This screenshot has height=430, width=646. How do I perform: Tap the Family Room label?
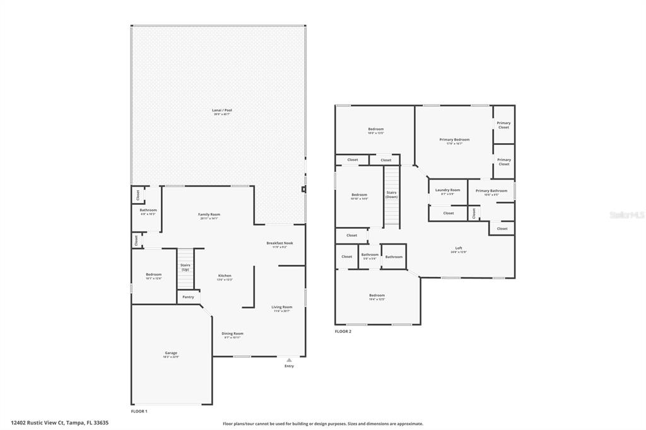[209, 214]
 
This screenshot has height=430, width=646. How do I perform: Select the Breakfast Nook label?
[279, 243]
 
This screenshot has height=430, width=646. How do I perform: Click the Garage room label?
[171, 353]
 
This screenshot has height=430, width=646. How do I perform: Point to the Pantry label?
[188, 296]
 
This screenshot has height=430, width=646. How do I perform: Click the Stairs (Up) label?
[185, 267]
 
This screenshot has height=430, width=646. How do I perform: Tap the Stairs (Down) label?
[391, 195]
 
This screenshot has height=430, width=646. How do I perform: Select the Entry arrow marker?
[289, 359]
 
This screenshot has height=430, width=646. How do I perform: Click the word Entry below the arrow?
[289, 366]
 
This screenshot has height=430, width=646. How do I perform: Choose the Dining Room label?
[232, 334]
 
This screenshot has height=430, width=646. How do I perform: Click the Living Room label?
[282, 307]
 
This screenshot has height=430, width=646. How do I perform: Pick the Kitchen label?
[225, 276]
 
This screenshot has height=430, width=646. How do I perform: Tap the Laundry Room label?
[447, 190]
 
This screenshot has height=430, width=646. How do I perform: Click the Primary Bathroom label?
[491, 190]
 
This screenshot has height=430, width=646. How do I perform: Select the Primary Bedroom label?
[454, 139]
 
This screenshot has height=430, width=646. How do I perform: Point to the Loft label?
[459, 248]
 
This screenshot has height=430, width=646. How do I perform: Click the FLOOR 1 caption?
[139, 411]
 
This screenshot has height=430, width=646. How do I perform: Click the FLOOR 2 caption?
[343, 331]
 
